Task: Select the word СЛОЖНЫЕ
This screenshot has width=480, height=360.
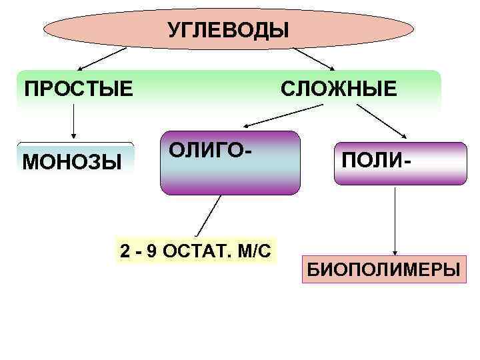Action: (x=338, y=89)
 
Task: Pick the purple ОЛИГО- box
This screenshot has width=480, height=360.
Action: (x=229, y=175)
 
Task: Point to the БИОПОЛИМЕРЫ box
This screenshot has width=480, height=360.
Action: (x=383, y=271)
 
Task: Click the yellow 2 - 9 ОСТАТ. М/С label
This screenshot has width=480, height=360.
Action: (x=195, y=249)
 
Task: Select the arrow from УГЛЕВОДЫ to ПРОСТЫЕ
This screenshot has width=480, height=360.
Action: (x=102, y=59)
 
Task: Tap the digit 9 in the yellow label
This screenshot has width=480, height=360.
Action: (x=152, y=250)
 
